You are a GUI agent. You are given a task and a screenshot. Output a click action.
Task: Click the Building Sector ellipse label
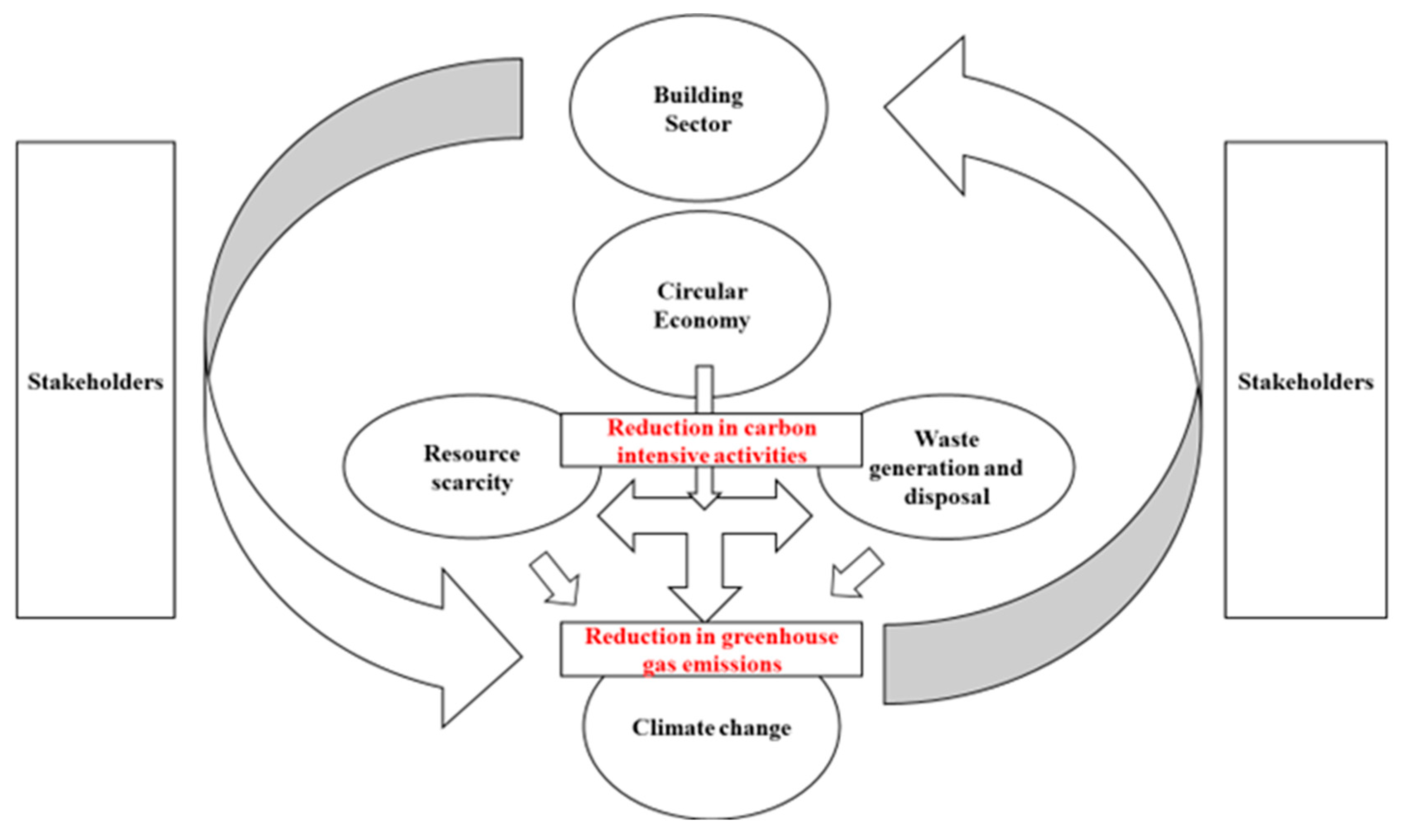point(698,109)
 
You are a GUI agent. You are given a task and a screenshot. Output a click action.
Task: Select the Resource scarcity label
point(472,468)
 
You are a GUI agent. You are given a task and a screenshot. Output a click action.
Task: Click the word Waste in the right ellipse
point(947,439)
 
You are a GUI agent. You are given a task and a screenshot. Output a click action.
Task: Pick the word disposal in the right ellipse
point(947,497)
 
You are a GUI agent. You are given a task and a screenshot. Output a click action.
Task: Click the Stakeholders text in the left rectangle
point(96,382)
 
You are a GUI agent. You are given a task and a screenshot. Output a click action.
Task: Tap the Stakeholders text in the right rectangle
point(1305,382)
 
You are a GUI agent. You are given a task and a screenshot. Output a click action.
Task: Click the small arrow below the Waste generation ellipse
point(855,574)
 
